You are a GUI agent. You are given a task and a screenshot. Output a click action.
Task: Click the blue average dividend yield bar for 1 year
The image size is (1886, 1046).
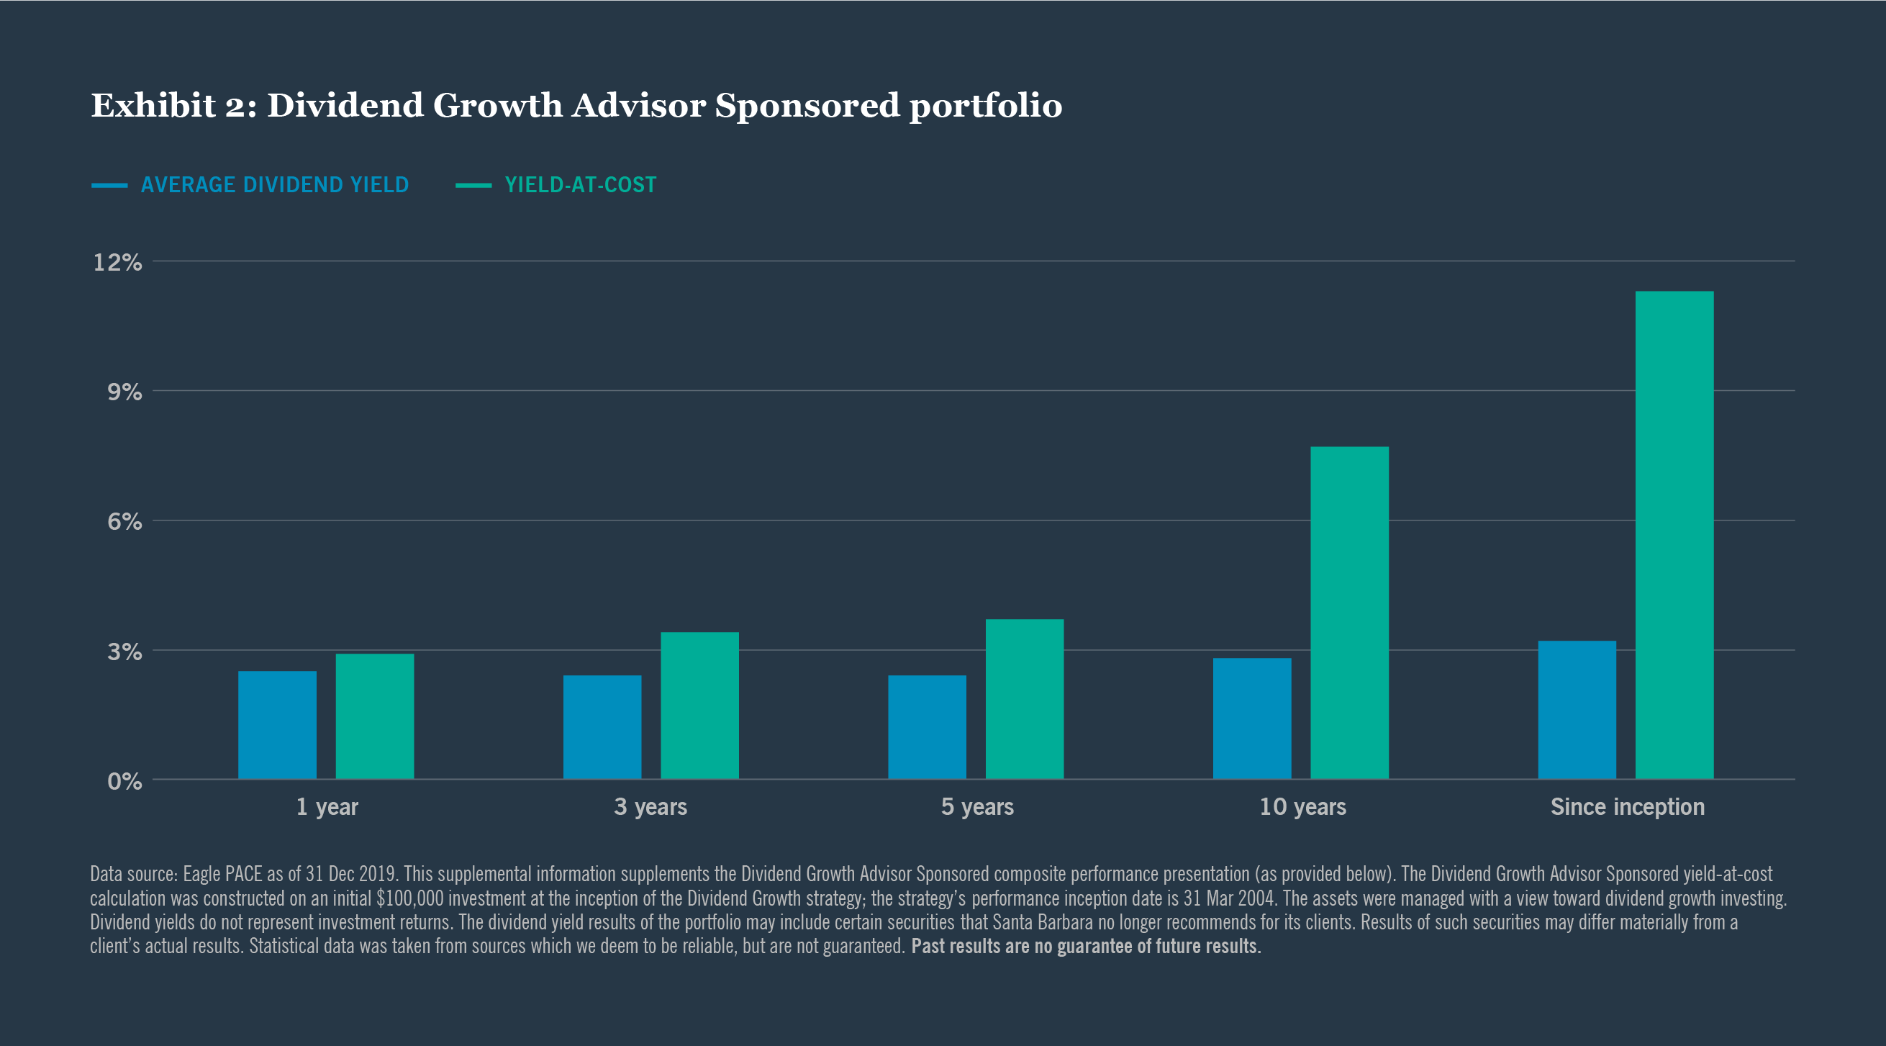(277, 724)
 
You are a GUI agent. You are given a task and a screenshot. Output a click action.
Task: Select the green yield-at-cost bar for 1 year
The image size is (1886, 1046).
(374, 716)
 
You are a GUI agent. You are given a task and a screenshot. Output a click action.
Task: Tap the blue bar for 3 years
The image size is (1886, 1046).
(602, 726)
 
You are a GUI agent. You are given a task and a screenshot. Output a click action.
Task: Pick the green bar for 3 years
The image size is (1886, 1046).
(699, 705)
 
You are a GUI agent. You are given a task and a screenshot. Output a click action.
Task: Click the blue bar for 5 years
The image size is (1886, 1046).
(927, 726)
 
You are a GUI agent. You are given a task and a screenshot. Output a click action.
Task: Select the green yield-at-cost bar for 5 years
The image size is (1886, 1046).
(1024, 699)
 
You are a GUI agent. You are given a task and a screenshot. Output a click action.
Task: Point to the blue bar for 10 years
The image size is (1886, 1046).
(1252, 718)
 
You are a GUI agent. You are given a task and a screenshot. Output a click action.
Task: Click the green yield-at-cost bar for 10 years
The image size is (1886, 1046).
(1349, 613)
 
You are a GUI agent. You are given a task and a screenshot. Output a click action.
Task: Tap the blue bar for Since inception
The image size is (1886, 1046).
(1577, 709)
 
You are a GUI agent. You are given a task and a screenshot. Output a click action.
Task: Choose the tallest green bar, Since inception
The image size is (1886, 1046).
(1674, 535)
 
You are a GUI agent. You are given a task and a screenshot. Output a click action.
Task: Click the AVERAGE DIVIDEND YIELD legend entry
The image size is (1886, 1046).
(274, 184)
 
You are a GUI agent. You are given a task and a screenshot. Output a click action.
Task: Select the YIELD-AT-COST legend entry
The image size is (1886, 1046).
(580, 184)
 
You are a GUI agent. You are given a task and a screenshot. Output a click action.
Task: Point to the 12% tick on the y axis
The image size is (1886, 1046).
(117, 262)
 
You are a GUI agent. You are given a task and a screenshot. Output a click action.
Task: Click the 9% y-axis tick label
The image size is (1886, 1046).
(124, 392)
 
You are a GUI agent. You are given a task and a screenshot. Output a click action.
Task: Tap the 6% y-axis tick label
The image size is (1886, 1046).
(124, 521)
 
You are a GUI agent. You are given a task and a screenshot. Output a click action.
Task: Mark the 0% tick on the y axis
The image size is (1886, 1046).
(124, 781)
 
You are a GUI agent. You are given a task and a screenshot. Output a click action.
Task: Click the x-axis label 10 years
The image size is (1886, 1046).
(1302, 806)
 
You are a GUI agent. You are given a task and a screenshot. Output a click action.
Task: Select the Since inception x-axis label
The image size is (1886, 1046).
(1627, 806)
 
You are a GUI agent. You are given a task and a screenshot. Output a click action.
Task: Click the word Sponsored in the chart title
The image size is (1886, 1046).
(807, 106)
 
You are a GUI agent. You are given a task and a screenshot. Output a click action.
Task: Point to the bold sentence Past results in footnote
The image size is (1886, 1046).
(1085, 946)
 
